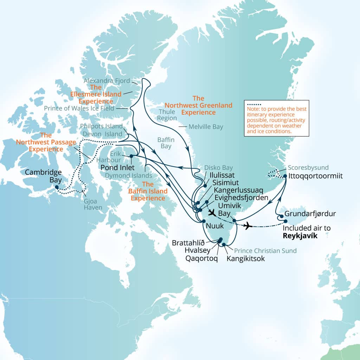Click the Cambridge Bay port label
pyautogui.click(x=43, y=176)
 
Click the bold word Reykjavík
pyautogui.click(x=300, y=236)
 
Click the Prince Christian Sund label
pyautogui.click(x=265, y=251)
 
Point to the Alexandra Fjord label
pyautogui.click(x=107, y=81)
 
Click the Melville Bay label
pyautogui.click(x=206, y=127)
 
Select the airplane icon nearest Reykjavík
pyautogui.click(x=248, y=225)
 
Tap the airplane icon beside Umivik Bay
pyautogui.click(x=212, y=212)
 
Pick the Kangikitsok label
pyautogui.click(x=245, y=259)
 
